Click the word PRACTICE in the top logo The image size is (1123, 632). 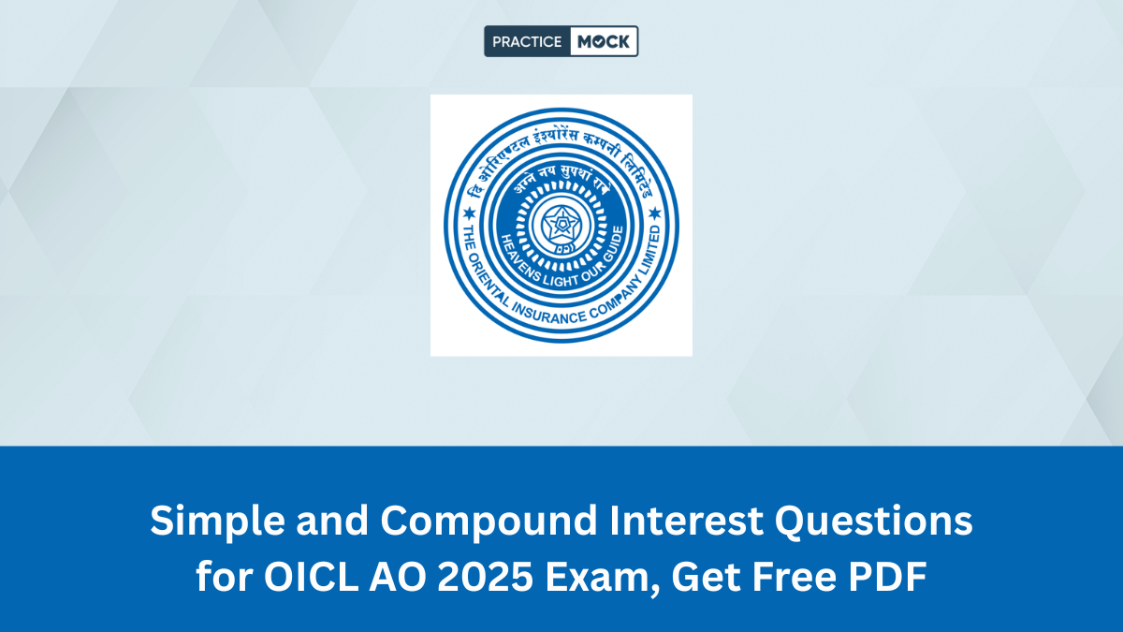tap(527, 41)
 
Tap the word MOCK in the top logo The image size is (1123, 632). tap(604, 41)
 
